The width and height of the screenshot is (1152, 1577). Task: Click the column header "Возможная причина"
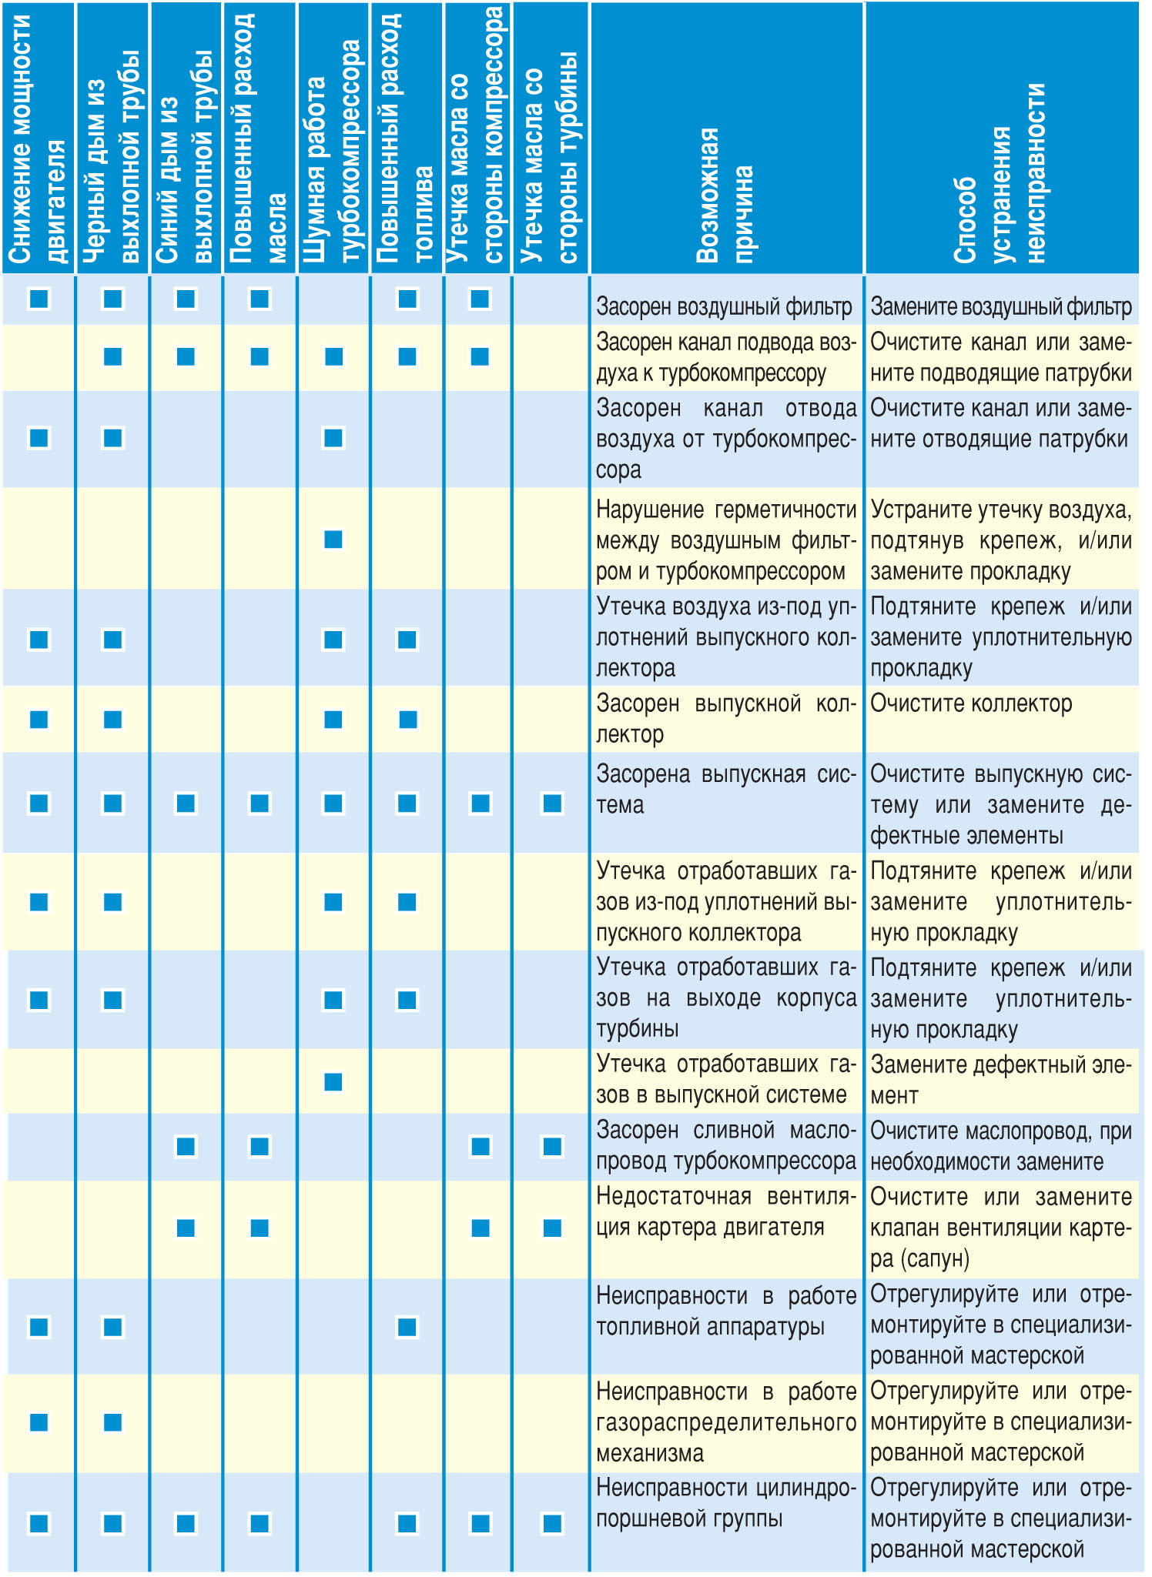tap(725, 196)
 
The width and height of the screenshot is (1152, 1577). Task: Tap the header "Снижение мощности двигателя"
tap(39, 139)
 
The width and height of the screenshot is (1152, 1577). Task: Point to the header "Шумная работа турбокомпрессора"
tap(333, 154)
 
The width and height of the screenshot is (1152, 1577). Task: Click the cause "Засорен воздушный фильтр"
tap(724, 307)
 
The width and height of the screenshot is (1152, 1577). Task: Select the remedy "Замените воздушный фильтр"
tap(1000, 307)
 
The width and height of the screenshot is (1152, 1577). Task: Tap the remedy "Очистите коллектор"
tap(971, 703)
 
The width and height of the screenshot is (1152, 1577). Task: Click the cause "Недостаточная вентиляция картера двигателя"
tap(725, 1212)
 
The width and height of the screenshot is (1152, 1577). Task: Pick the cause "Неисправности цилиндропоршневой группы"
tap(725, 1503)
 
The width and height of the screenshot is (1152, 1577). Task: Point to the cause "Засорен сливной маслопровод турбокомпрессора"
tap(725, 1146)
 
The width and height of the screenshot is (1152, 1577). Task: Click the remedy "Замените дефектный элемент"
tap(1000, 1080)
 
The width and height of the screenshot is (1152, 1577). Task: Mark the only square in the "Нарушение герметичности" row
tap(333, 540)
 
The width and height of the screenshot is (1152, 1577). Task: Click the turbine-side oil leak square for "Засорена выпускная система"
tap(552, 804)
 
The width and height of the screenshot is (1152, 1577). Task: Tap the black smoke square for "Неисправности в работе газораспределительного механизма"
tap(112, 1422)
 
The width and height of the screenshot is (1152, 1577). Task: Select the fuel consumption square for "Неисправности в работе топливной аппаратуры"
tap(407, 1327)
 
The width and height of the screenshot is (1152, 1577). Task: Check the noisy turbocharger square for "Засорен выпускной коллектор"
tap(333, 720)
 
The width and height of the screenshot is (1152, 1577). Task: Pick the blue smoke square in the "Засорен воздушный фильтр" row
tap(186, 299)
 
